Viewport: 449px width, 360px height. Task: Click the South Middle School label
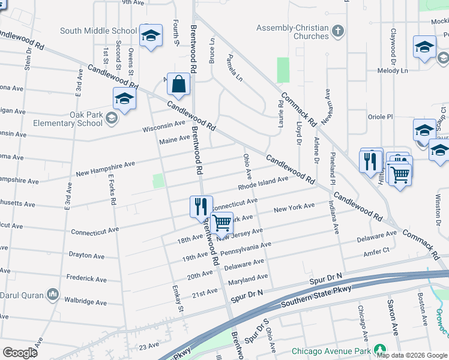98,31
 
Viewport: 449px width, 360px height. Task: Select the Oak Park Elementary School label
68,119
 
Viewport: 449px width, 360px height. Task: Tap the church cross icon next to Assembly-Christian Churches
338,31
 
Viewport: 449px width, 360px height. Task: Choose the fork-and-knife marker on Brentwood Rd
201,206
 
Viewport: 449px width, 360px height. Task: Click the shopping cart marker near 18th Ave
222,224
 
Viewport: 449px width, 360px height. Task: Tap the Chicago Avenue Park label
330,351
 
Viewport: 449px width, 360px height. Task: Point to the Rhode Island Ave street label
263,184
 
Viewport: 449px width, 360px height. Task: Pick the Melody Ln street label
392,71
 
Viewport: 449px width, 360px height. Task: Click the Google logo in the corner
20,352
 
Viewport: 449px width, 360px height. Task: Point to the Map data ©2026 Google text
411,355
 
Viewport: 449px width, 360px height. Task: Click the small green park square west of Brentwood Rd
158,181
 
